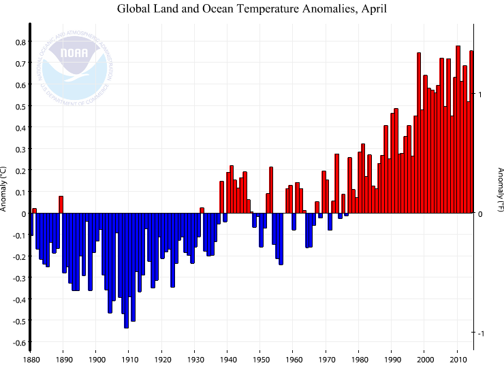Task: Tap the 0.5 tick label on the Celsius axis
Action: coord(20,106)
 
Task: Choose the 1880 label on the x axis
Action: coord(31,360)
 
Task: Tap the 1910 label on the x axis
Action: coord(129,360)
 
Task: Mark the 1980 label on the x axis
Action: coord(359,360)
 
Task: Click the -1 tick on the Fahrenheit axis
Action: coord(480,333)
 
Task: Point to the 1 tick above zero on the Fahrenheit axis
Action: coord(480,94)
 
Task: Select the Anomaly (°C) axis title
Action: coord(4,188)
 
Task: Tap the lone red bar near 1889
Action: coord(61,205)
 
